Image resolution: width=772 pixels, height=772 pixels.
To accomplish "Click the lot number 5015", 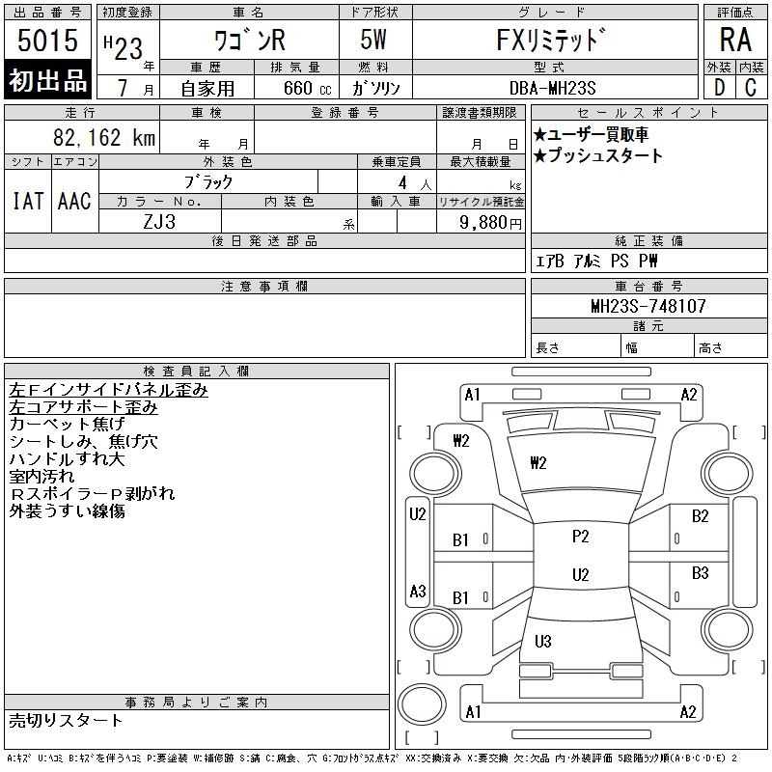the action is click(x=48, y=41).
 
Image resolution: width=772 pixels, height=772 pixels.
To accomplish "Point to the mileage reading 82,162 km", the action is click(x=105, y=138).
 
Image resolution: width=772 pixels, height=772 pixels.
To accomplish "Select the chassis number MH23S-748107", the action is click(x=648, y=306).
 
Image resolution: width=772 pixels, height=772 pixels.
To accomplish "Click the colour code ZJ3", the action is click(x=159, y=222).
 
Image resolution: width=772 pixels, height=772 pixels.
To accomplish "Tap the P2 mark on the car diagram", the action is click(x=580, y=537).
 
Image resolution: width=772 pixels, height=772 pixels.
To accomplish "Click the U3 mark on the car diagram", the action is click(x=542, y=641).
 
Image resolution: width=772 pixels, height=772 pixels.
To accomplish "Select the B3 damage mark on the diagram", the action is click(x=701, y=573).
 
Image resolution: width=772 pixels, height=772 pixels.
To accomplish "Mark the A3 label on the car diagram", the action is click(x=418, y=591).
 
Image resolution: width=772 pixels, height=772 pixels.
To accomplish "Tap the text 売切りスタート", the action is click(x=67, y=720).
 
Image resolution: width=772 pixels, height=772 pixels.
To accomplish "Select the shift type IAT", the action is click(x=28, y=201).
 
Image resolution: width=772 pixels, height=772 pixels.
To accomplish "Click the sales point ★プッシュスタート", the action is click(x=598, y=155).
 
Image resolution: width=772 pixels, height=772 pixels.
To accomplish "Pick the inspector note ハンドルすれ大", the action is click(x=67, y=458).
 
